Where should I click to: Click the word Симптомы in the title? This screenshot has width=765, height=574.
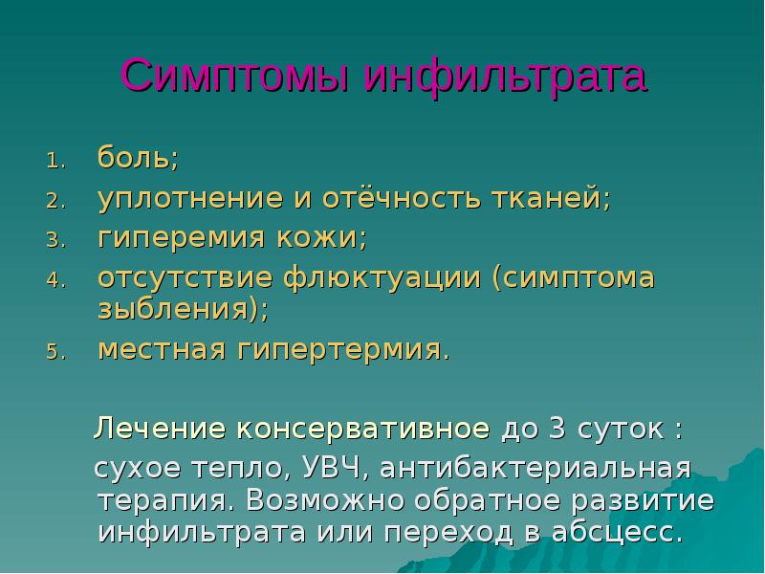pos(238,76)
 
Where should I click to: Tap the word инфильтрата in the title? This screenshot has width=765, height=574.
pos(507,76)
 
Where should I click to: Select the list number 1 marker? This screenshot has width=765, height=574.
pos(55,159)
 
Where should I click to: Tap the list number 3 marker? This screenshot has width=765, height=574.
pos(55,237)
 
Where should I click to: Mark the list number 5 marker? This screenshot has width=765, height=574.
pos(55,351)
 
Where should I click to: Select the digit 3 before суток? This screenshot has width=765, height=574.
pos(557,429)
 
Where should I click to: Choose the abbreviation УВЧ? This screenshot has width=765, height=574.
pos(328,470)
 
